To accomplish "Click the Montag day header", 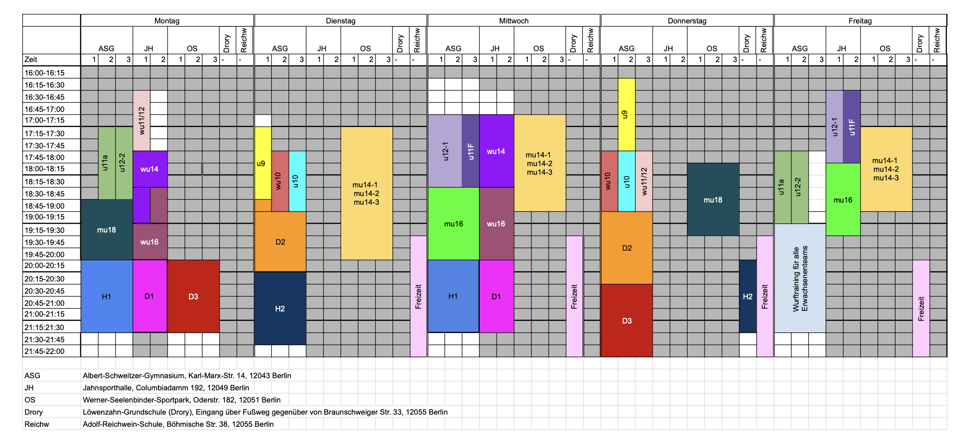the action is point(167,20).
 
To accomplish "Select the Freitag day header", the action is point(860,20).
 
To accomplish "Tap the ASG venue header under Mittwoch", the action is point(453,48).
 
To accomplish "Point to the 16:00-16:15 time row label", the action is point(44,73).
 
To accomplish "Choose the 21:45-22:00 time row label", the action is point(44,351).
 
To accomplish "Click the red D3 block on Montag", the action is point(193,296).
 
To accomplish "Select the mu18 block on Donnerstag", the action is point(713,200).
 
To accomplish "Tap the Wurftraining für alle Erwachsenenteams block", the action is point(800,278).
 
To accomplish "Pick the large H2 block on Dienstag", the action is point(280,308).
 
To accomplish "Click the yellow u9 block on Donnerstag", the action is point(626,115).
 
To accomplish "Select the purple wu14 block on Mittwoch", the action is point(497,151).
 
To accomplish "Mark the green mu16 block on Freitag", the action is point(843,200).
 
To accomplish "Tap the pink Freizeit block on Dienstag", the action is point(418,296).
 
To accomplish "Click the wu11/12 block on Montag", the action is point(142,121).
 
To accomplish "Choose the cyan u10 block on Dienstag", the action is point(297,181).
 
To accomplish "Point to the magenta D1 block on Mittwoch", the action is point(497,296).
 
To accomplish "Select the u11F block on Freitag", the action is point(852,127).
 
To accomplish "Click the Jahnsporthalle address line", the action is point(166,388).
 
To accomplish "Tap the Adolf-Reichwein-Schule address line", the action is point(178,424).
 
